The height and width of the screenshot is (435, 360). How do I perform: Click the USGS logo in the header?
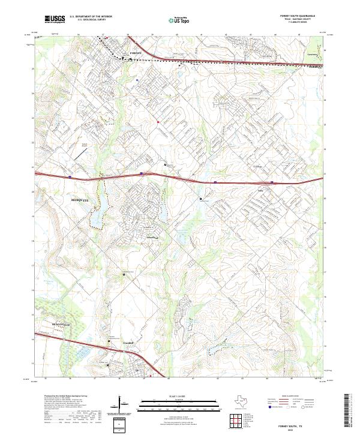click(55, 19)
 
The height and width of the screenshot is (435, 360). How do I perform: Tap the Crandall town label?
click(127, 343)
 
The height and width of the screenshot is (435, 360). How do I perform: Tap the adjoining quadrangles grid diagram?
click(236, 421)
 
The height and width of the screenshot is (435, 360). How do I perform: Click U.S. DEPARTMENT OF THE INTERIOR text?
click(91, 17)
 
